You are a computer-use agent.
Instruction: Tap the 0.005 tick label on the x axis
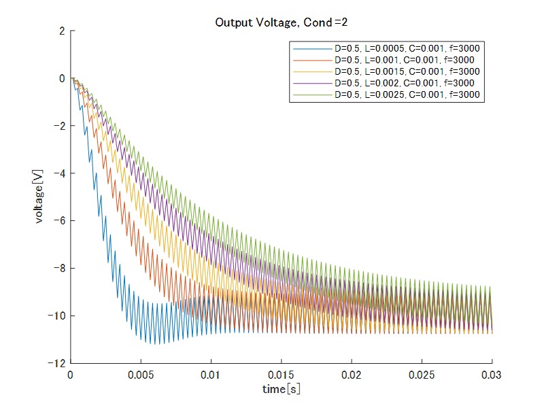click(141, 375)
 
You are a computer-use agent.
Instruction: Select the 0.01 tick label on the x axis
click(211, 375)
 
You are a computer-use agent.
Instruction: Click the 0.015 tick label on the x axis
click(282, 375)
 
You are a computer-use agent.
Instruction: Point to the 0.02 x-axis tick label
click(352, 375)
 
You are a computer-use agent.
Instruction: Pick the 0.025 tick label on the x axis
click(422, 375)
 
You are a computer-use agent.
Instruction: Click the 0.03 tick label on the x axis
click(492, 375)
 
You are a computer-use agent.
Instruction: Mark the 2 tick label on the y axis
click(63, 31)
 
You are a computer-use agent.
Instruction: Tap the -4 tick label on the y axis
click(60, 173)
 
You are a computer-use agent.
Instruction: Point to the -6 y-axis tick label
click(60, 221)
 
